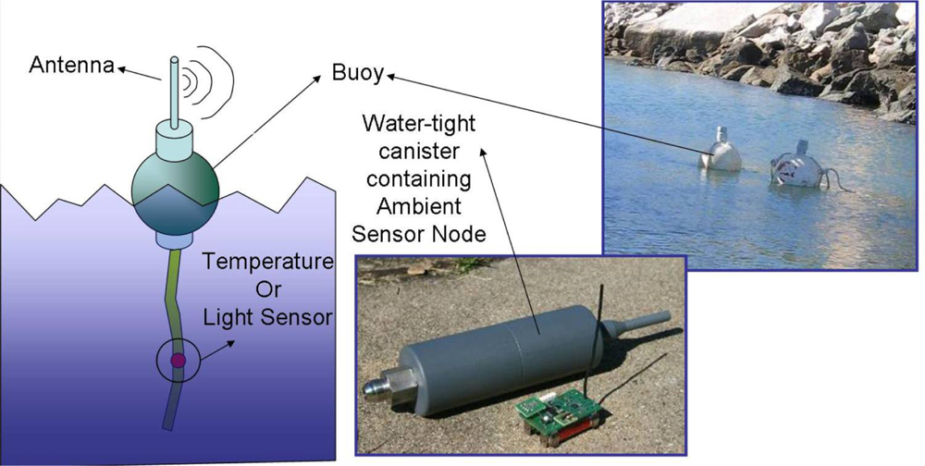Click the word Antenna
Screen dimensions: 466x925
70,66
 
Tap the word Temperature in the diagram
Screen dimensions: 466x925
268,262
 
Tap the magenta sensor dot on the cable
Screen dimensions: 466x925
178,359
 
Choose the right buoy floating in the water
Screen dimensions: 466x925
797,164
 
